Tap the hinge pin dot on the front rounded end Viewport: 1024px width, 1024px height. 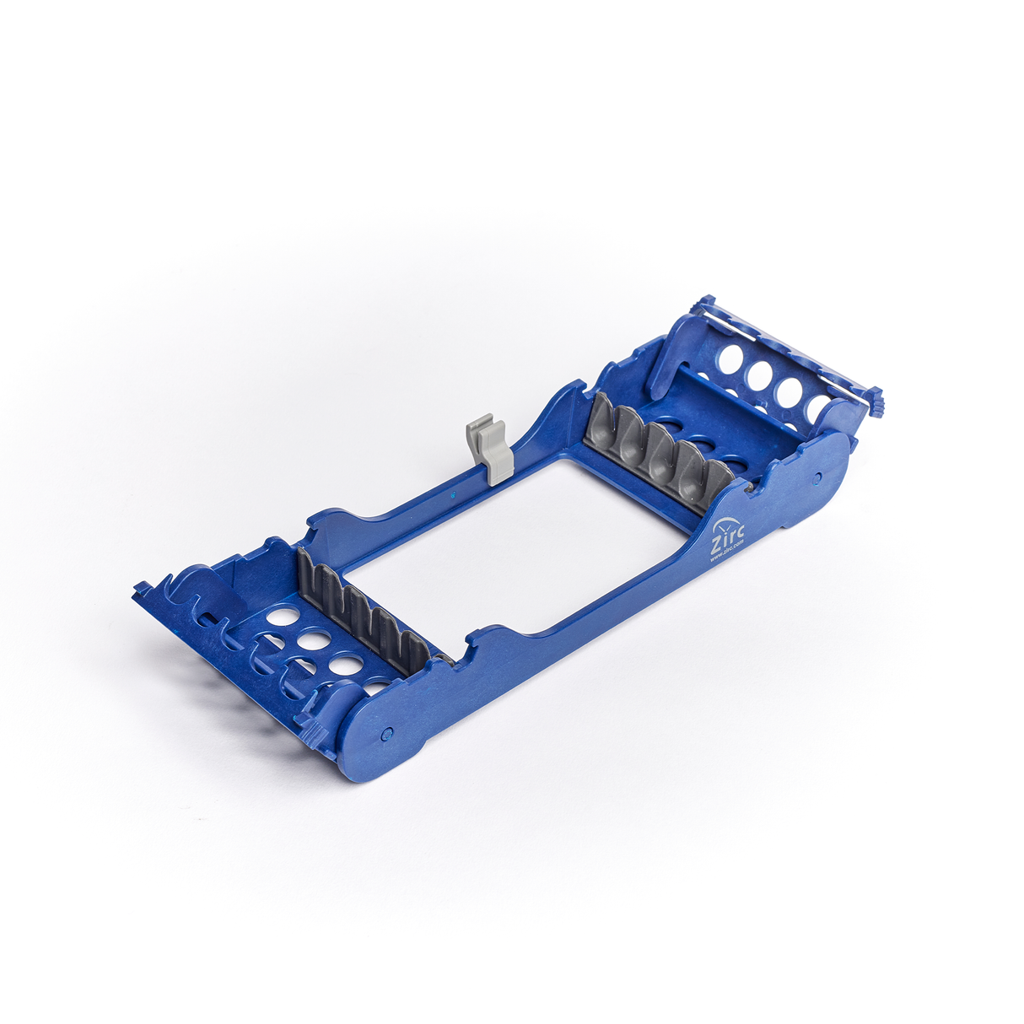pyautogui.click(x=387, y=732)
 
